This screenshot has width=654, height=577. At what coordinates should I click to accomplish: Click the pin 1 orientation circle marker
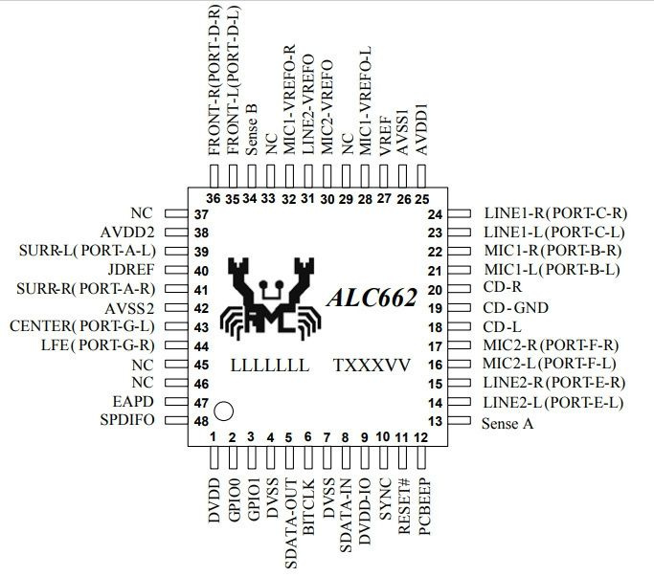pos(224,411)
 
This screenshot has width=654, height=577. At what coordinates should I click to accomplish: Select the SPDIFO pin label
pos(127,421)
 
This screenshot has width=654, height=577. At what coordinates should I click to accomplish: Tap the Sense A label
pos(507,421)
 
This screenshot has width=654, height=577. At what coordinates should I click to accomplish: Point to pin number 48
pos(201,421)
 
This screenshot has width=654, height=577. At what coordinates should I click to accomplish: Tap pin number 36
pos(213,198)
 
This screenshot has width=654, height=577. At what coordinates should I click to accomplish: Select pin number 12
pos(421,437)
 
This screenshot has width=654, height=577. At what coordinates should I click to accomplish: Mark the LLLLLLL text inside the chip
pos(269,366)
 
